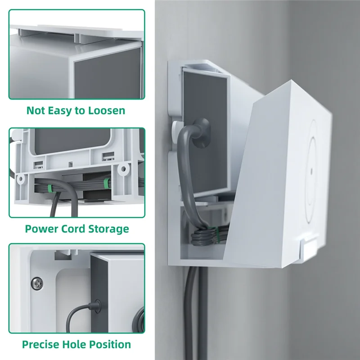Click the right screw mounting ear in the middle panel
pos(121,170)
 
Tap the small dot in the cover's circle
pos(311,172)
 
